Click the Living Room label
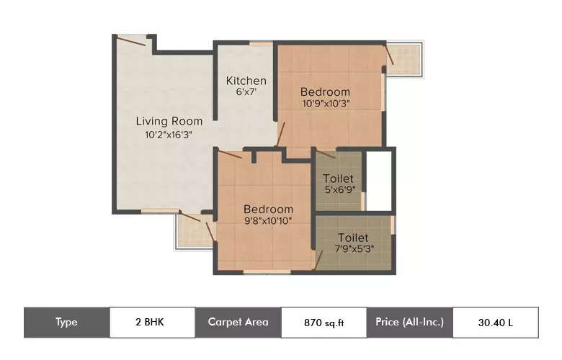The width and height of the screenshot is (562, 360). pyautogui.click(x=169, y=121)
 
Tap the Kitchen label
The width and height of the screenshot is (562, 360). pyautogui.click(x=246, y=81)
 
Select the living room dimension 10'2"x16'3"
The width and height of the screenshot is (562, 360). pyautogui.click(x=169, y=134)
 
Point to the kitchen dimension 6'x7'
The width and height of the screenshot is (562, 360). pyautogui.click(x=246, y=92)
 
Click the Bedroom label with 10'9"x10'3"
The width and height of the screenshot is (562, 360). pyautogui.click(x=325, y=91)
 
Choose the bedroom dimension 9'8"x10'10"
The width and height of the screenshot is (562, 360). pyautogui.click(x=267, y=221)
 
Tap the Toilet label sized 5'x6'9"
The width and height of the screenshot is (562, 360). pyautogui.click(x=339, y=178)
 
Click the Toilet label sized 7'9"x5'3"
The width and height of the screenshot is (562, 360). pyautogui.click(x=353, y=237)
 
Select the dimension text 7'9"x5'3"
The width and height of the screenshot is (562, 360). pyautogui.click(x=353, y=249)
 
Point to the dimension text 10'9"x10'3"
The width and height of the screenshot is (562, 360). pyautogui.click(x=325, y=104)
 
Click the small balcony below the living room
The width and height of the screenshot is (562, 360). pyautogui.click(x=193, y=230)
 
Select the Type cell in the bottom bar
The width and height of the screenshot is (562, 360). pyautogui.click(x=66, y=322)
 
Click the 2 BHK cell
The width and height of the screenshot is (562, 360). pyautogui.click(x=151, y=322)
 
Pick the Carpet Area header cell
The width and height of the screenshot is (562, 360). pyautogui.click(x=238, y=322)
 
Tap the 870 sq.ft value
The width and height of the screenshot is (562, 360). pyautogui.click(x=323, y=322)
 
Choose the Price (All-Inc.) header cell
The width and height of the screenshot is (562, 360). pyautogui.click(x=409, y=322)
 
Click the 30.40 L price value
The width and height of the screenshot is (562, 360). pyautogui.click(x=495, y=322)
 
